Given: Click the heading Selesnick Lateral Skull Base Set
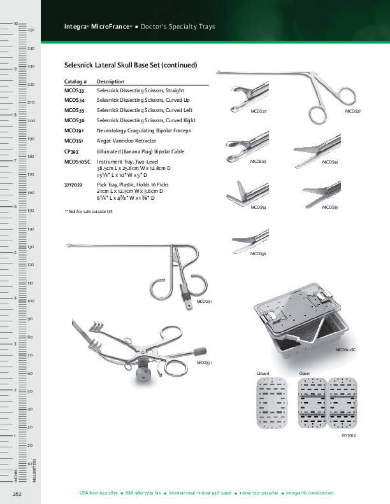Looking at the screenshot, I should click(x=131, y=65).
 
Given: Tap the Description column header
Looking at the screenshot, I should click(x=110, y=82).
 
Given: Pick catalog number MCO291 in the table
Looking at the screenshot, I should click(x=75, y=130).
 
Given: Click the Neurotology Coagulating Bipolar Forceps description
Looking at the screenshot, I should click(x=144, y=130).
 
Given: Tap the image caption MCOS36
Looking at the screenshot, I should click(x=258, y=254).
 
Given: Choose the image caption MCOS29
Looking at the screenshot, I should click(x=258, y=162).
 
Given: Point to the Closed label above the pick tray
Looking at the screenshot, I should click(x=263, y=372).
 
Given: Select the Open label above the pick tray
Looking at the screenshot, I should click(x=304, y=372).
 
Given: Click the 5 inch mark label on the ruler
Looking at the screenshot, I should click(x=15, y=253).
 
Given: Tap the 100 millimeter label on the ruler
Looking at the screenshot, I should click(x=31, y=300).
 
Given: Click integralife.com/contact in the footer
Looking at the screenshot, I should click(x=310, y=493).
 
